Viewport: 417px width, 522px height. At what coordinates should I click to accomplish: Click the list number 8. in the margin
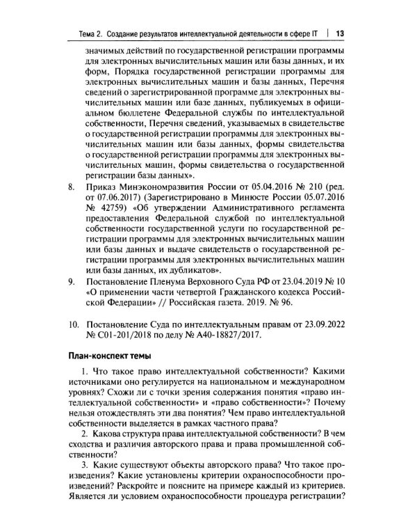(x=69, y=187)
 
